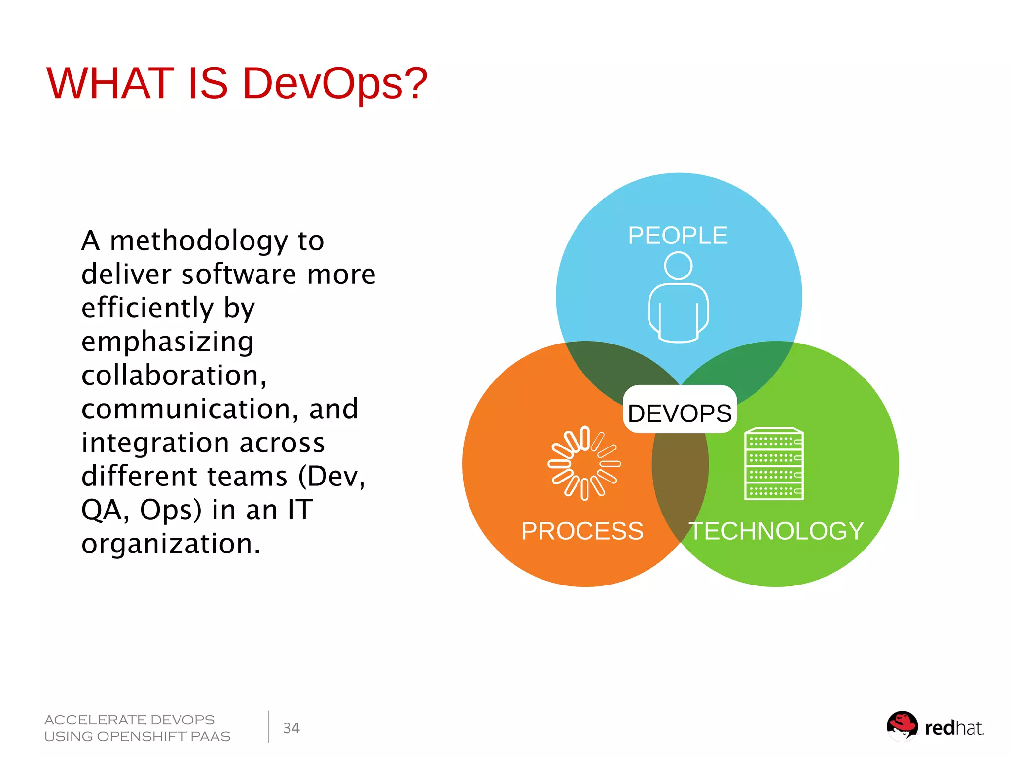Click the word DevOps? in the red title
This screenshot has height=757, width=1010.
(x=335, y=84)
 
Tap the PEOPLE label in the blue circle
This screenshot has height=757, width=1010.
(x=678, y=236)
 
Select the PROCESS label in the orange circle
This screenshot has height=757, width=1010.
(x=582, y=531)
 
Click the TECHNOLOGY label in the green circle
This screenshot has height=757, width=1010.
(x=776, y=531)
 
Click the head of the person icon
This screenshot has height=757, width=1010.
(x=678, y=266)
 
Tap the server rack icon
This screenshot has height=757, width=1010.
(x=774, y=464)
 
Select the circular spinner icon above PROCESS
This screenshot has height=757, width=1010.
(x=584, y=463)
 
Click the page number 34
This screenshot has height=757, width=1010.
(x=291, y=728)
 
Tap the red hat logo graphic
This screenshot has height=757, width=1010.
(x=902, y=726)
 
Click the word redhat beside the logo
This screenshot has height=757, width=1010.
(x=954, y=728)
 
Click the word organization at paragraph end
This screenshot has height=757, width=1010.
(x=171, y=544)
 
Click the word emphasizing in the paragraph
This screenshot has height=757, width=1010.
(x=168, y=342)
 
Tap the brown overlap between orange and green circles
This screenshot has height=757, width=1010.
(x=680, y=473)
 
